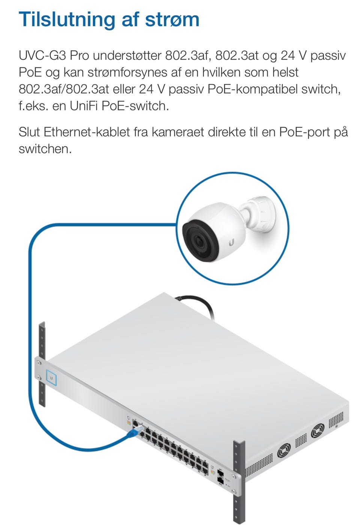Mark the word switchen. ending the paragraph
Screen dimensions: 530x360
[45, 149]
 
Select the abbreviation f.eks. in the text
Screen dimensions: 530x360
[33, 106]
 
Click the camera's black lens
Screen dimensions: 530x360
[199, 242]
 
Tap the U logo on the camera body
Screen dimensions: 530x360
[231, 243]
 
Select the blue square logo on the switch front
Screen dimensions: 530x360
[51, 378]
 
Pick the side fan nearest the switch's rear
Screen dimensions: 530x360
[317, 430]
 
